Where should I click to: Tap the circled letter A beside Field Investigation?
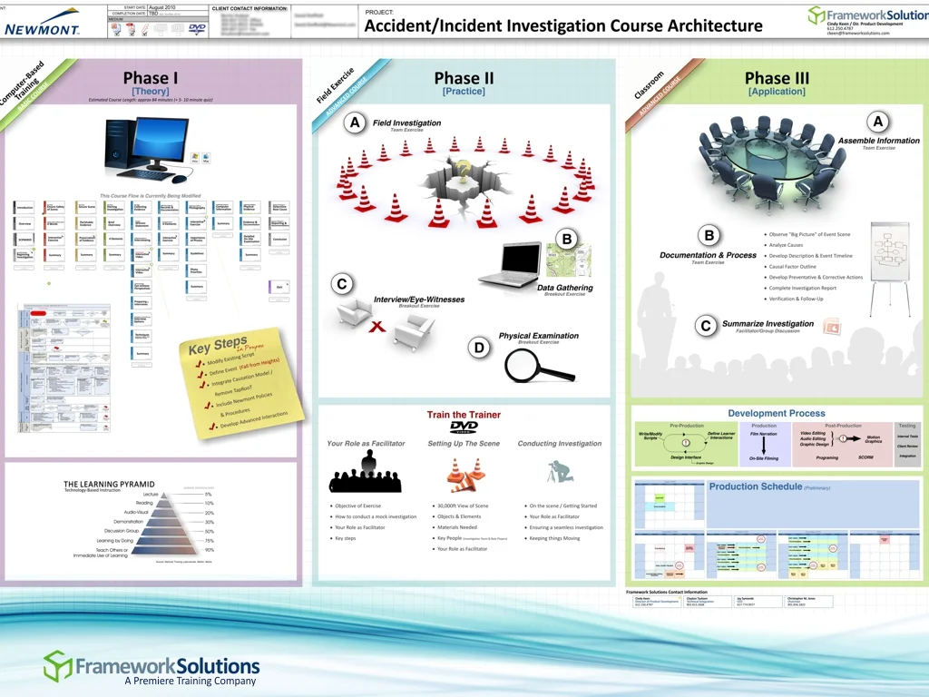click(x=356, y=123)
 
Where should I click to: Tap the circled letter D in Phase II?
click(x=480, y=347)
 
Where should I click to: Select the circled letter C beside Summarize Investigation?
click(x=705, y=326)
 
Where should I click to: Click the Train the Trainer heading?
click(x=464, y=415)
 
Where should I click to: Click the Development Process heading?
click(x=776, y=413)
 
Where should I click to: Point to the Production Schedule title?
click(x=756, y=486)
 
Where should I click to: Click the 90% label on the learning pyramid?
click(x=210, y=550)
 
